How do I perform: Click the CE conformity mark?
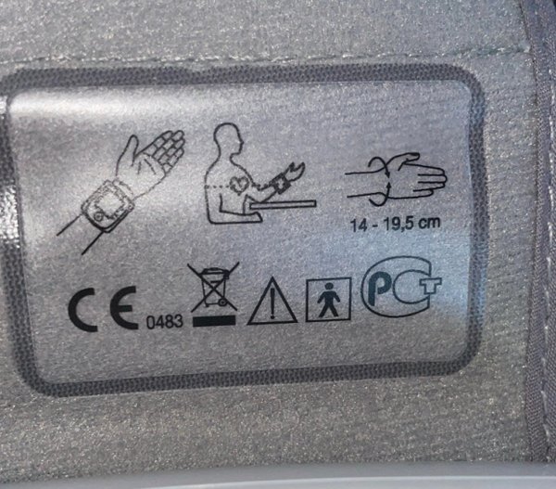[x=103, y=309]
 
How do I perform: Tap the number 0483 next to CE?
[x=165, y=321]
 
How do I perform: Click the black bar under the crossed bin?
[x=214, y=321]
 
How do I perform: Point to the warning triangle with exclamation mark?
[x=272, y=301]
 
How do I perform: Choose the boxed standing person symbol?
[x=328, y=300]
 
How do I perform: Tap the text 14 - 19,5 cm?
[x=396, y=225]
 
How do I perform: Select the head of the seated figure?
[x=228, y=139]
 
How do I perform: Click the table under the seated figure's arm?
[x=283, y=204]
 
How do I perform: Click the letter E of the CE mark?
[x=124, y=308]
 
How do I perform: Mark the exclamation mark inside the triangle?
[x=272, y=303]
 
